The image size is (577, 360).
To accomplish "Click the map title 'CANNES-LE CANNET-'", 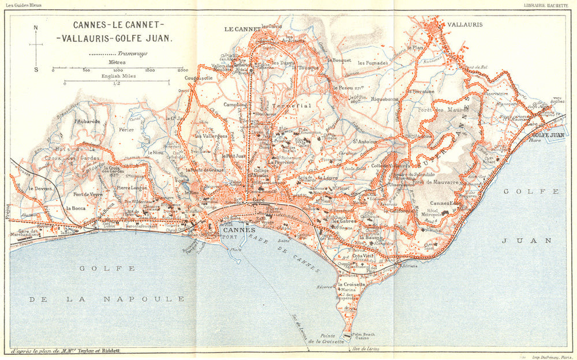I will tap(119, 25).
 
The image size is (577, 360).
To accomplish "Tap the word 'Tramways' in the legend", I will tap(133, 53).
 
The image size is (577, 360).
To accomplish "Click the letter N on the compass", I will tap(36, 27).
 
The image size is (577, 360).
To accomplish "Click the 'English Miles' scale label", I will tap(117, 76).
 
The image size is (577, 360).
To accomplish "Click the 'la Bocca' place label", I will tap(76, 208).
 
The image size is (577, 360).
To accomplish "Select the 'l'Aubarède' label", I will tap(87, 122).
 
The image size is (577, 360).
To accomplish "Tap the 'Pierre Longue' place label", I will tap(131, 187).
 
